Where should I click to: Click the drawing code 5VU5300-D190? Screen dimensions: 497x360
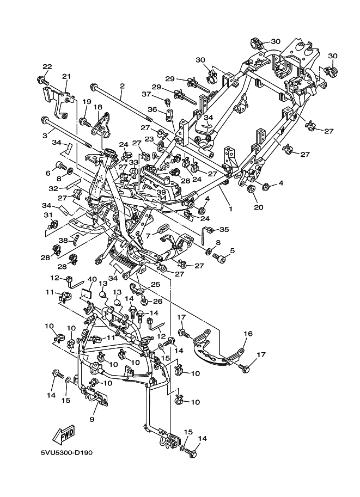tap(66, 453)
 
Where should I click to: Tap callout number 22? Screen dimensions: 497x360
tap(47, 67)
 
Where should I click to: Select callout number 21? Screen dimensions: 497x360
tap(66, 76)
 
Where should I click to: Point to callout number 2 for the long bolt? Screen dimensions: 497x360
tap(122, 86)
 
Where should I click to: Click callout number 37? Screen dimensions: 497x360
tap(146, 94)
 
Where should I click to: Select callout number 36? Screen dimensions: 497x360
tap(153, 109)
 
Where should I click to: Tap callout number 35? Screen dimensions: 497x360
tap(223, 229)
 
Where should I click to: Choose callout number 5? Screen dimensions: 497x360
tap(231, 251)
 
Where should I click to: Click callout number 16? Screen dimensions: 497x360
tap(248, 334)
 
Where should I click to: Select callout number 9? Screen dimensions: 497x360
tap(91, 419)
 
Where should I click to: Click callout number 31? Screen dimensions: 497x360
tap(47, 214)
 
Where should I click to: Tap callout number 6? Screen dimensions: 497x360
tap(47, 173)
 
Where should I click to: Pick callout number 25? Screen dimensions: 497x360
tap(155, 284)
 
